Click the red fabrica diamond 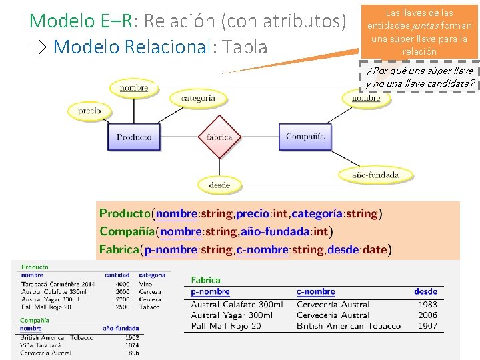219,137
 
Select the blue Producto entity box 134,137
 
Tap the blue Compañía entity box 305,137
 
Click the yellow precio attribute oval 89,111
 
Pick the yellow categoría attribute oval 198,98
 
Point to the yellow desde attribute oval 219,185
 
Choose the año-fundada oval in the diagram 376,175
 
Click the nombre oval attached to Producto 133,88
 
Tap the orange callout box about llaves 420,31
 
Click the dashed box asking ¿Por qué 420,77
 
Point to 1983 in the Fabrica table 427,305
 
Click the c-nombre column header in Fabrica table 315,291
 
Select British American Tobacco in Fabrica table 348,326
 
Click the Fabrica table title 205,280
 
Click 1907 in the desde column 427,326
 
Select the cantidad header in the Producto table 117,275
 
